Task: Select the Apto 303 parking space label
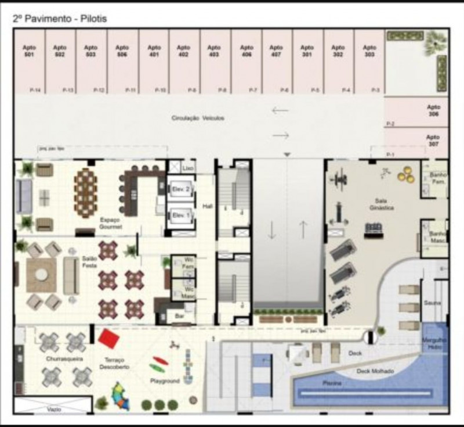point(369,51)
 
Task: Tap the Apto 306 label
point(433,111)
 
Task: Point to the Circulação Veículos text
point(197,118)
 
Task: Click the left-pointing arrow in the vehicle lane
point(280,110)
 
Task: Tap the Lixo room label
point(187,167)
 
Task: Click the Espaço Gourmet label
point(110,224)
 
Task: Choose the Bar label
point(179,317)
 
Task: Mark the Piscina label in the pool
point(332,383)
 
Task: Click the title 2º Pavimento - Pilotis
point(59,19)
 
